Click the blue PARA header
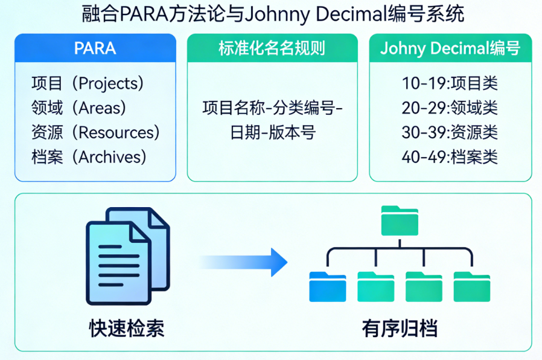(95, 48)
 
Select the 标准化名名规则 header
(272, 48)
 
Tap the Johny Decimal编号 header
(450, 48)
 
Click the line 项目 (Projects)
(87, 83)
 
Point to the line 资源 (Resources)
(95, 132)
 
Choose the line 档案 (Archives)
(89, 157)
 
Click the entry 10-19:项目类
(450, 83)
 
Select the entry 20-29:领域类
(450, 108)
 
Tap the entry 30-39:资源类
(450, 132)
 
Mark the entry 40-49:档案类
(450, 157)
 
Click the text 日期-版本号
(272, 132)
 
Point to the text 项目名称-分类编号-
(272, 108)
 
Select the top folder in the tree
(400, 220)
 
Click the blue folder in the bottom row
(327, 286)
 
